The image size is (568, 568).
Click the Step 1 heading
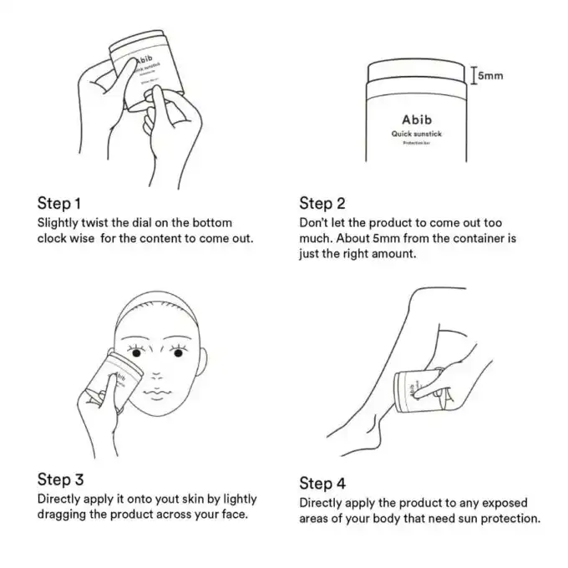tap(59, 204)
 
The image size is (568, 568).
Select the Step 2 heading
tap(322, 204)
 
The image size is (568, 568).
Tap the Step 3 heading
tap(60, 479)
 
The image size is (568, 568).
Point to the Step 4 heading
tap(322, 484)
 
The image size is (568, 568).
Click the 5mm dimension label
tap(490, 77)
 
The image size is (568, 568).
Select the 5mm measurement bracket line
tap(474, 76)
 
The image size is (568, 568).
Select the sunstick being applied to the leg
tap(418, 387)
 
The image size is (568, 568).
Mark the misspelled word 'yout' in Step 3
tap(164, 500)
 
